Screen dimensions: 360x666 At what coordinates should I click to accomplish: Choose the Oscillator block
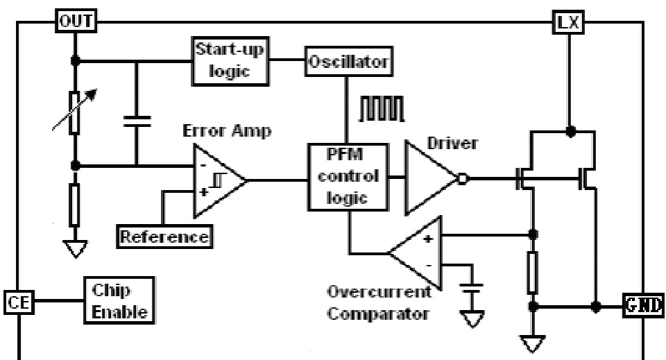pyautogui.click(x=346, y=62)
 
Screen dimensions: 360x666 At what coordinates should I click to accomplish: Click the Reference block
pyautogui.click(x=164, y=237)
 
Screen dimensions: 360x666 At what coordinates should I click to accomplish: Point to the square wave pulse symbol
pyautogui.click(x=379, y=110)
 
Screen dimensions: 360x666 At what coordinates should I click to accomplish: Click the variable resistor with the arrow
pyautogui.click(x=74, y=112)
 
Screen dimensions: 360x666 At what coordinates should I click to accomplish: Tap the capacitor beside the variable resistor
pyautogui.click(x=136, y=122)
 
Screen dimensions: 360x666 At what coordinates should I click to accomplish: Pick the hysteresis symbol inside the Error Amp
pyautogui.click(x=217, y=182)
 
